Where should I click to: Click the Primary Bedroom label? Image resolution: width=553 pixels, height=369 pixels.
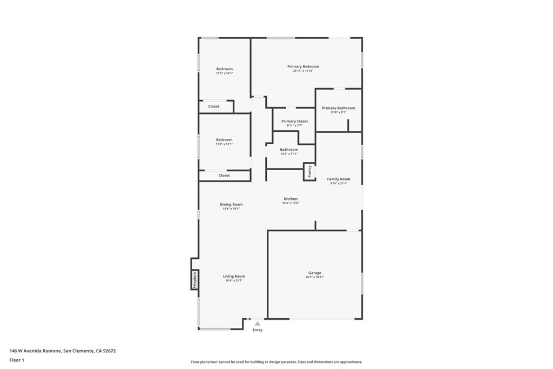coord(303,66)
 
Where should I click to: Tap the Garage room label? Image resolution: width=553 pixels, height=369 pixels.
coord(315,273)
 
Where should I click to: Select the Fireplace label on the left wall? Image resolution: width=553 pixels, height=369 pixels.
coord(195,280)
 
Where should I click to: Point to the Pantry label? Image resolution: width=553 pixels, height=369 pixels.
coord(309,172)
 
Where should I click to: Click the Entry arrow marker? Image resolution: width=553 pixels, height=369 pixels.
coord(258,324)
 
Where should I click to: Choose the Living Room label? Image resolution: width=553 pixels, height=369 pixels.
coord(234,276)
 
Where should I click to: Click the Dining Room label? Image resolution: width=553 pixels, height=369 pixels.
coord(231,204)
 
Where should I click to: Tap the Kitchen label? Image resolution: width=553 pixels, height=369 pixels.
coord(291,199)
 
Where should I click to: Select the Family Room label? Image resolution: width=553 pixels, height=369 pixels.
coord(339,179)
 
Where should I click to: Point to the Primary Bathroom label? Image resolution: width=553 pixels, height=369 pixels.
coord(339,108)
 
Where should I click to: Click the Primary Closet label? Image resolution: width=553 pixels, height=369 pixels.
coord(294,121)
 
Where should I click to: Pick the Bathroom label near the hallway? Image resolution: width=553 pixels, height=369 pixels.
coord(289,150)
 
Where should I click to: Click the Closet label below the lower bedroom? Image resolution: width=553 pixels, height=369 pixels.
coord(224,175)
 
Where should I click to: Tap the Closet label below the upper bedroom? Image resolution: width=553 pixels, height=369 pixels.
coord(214,106)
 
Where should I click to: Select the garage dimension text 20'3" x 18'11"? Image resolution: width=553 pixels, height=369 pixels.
coord(315,277)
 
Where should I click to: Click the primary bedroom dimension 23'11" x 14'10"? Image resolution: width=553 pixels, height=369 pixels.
coord(303,71)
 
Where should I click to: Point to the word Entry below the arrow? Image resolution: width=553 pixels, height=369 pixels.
coord(258,330)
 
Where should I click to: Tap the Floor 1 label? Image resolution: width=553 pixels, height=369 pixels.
coord(17,360)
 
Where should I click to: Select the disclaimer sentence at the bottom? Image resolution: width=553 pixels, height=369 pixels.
coord(276,362)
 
